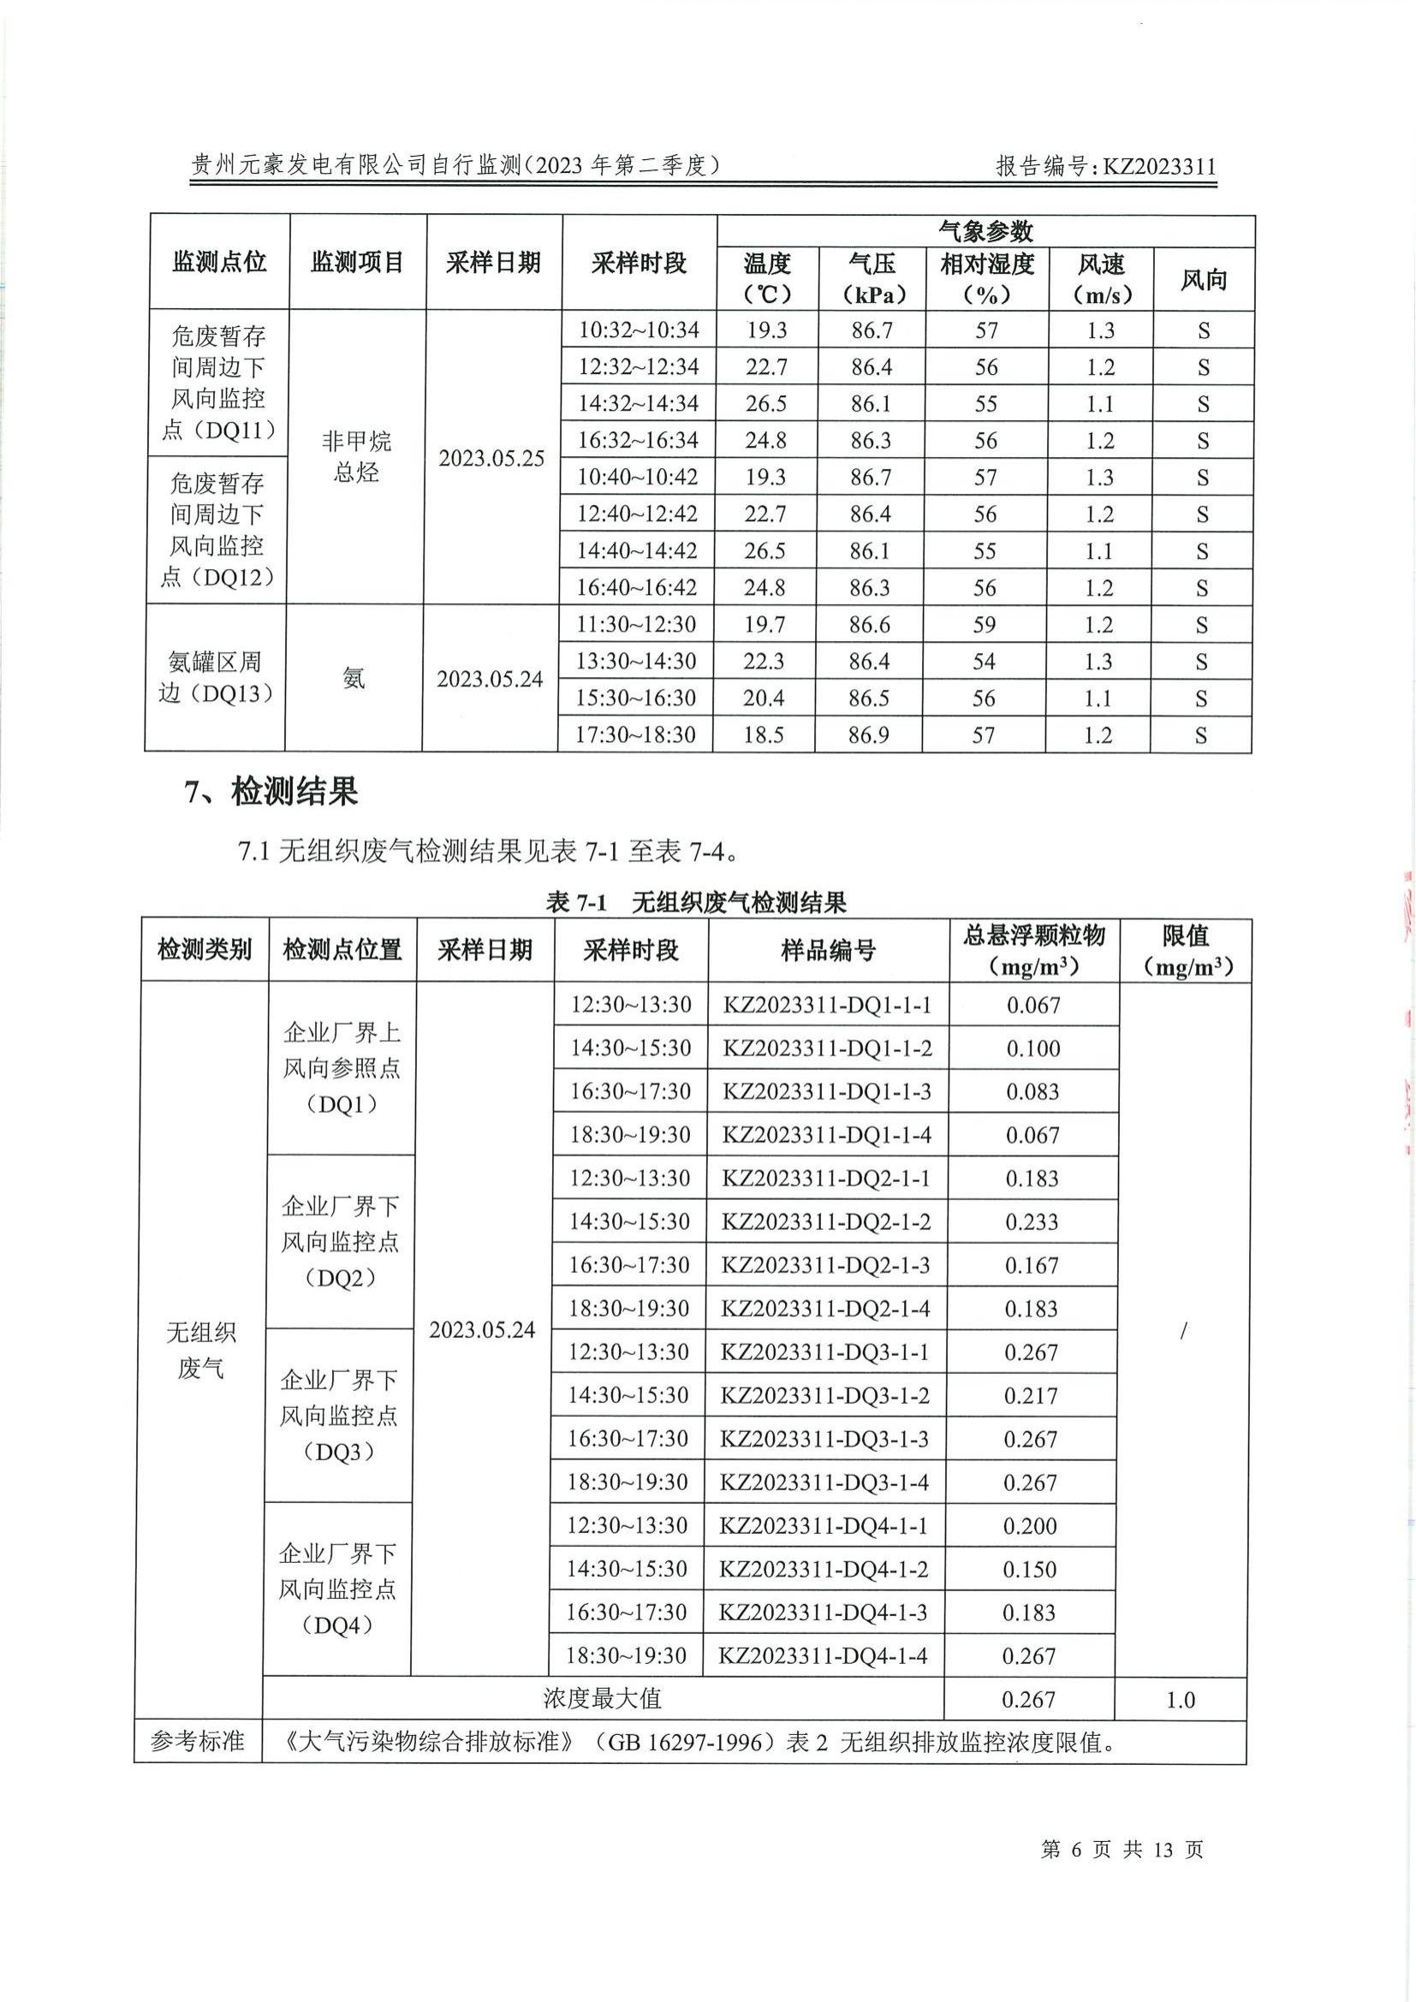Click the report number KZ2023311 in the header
1159,167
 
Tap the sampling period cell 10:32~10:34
640,330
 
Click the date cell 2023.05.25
491,458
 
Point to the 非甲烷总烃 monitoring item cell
357,456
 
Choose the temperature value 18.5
764,734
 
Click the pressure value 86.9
868,734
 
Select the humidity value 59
985,624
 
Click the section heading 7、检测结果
271,791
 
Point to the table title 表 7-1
575,902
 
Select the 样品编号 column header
828,949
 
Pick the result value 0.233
1032,1221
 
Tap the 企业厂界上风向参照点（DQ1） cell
341,1068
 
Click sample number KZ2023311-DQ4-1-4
822,1655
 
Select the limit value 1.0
1180,1700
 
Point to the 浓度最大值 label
602,1698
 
